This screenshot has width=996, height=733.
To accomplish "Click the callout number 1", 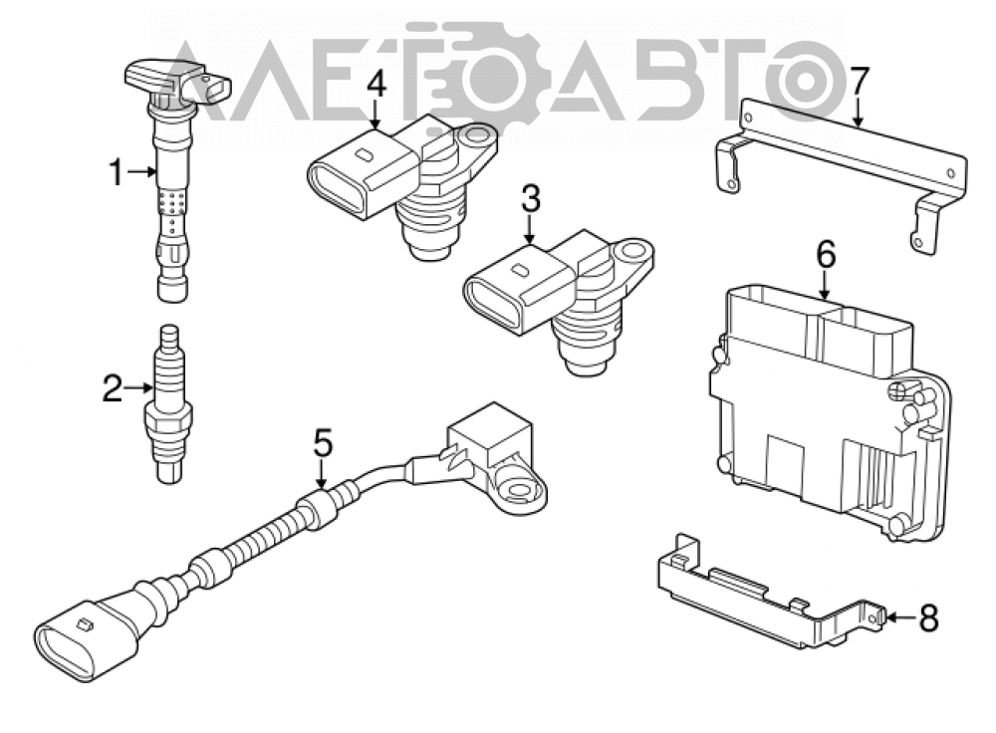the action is [x=116, y=172].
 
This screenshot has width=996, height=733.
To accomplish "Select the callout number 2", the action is [x=113, y=387].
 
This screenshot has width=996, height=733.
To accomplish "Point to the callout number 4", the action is [x=376, y=85].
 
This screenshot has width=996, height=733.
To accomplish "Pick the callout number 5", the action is [x=323, y=443].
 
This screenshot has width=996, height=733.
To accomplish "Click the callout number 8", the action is [x=928, y=617].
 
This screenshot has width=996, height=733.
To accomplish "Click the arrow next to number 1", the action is [x=142, y=171].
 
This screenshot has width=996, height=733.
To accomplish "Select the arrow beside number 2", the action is [x=139, y=387].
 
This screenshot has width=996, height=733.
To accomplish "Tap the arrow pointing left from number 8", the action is [x=900, y=616].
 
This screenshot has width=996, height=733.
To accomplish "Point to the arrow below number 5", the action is [x=322, y=474].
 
